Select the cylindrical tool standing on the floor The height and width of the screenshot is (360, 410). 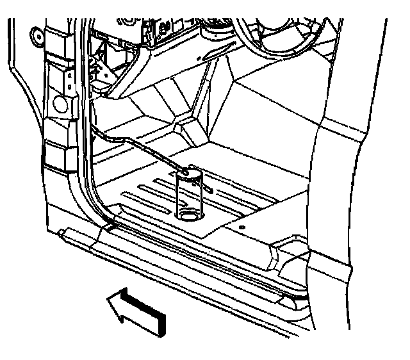[190, 195]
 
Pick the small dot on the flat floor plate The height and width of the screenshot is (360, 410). [243, 226]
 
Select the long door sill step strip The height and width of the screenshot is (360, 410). [179, 259]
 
